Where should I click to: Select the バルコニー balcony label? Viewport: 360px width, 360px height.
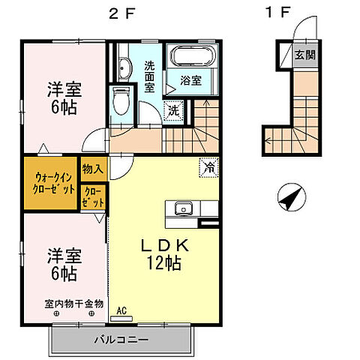121,340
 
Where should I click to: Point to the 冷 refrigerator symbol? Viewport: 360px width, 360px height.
207,168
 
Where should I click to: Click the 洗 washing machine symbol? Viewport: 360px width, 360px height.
172,110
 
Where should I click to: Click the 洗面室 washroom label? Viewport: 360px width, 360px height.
149,73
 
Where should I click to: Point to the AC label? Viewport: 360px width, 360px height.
121,308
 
